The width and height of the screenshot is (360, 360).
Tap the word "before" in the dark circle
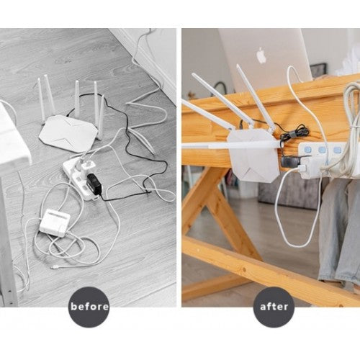pyautogui.click(x=89, y=307)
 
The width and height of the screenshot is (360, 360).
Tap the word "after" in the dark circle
pyautogui.click(x=274, y=307)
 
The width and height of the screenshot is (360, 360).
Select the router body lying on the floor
pyautogui.click(x=68, y=133)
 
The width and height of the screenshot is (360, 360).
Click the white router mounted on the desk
pyautogui.click(x=252, y=154)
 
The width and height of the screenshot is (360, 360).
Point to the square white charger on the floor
pyautogui.click(x=55, y=221)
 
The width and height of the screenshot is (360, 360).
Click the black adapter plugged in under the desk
pyautogui.click(x=292, y=162)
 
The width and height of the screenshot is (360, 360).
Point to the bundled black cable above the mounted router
pyautogui.click(x=295, y=133)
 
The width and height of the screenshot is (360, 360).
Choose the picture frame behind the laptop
pyautogui.click(x=319, y=70)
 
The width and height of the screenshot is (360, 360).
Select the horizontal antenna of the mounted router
pyautogui.click(x=230, y=144)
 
